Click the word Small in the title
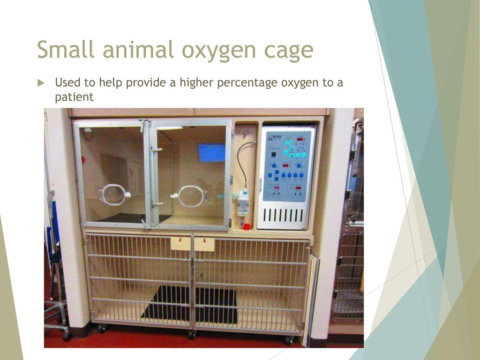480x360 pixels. tap(66, 49)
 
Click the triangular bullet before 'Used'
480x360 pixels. tap(41, 83)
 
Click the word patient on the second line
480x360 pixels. tap(74, 97)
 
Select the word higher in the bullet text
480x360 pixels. tap(196, 83)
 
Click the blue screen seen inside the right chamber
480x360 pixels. tap(211, 153)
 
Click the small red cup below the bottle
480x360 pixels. tap(247, 226)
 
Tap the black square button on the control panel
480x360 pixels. tap(273, 154)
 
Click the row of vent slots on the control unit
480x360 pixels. tap(283, 215)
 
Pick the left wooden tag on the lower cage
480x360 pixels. tap(180, 244)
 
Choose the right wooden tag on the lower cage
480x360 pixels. tap(204, 244)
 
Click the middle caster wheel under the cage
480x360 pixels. tap(192, 335)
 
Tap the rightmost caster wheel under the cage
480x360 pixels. tap(288, 340)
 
